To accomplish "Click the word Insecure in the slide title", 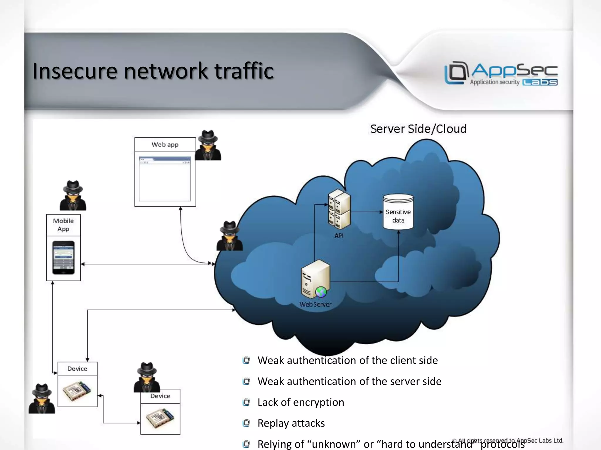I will point(75,71).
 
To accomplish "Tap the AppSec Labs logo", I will point(501,74).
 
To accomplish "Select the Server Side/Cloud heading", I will point(418,129).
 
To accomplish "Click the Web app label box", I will point(165,145).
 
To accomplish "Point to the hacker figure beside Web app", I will point(208,145).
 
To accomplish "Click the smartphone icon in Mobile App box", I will point(63,258).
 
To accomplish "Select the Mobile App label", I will point(63,225).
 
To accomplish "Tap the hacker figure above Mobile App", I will point(73,195).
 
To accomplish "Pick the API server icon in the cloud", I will point(339,209).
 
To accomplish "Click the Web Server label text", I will point(315,304).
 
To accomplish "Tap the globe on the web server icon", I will point(321,292).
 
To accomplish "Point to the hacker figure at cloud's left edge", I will point(229,236).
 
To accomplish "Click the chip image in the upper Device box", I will point(77,391).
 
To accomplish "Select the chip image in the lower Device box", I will point(160,418).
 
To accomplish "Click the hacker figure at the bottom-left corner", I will point(42,399).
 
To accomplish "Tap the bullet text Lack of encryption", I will point(300,402).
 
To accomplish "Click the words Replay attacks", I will point(291,423).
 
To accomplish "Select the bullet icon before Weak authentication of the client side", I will point(246,360).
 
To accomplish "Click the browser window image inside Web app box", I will point(165,179).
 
